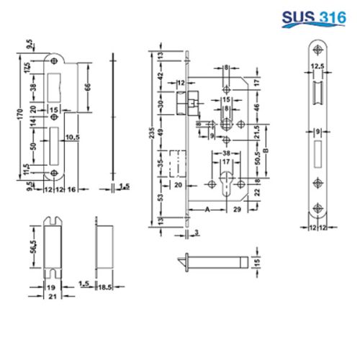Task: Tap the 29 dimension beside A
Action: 237,211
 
